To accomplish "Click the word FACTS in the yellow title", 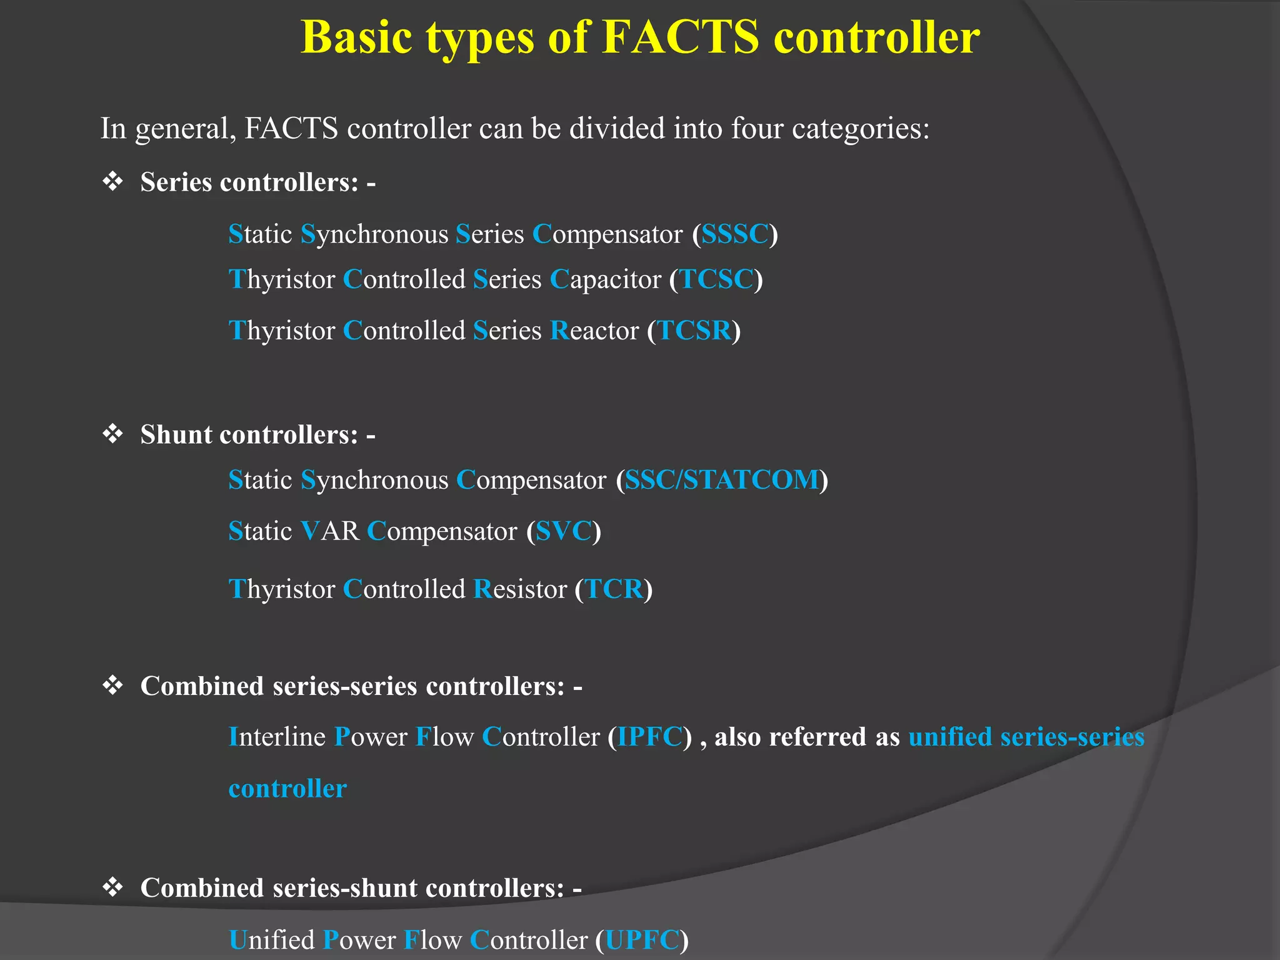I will (681, 37).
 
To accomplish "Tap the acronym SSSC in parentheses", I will (734, 234).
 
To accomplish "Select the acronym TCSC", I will (716, 279).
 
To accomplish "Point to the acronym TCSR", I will (694, 331).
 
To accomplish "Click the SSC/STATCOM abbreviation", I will (722, 480).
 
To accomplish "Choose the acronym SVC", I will (564, 531).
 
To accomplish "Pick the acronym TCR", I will (614, 589).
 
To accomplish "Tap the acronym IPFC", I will (650, 737).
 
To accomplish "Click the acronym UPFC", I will (642, 940).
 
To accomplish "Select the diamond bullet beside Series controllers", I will (112, 182).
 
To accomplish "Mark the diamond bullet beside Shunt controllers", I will (112, 434).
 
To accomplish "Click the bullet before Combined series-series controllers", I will (112, 686).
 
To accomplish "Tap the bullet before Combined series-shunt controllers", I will (112, 887).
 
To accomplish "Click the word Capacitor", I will (605, 279).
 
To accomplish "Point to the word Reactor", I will (594, 331).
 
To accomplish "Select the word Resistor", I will (520, 589).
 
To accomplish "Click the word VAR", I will (330, 531).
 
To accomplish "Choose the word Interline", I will (277, 737).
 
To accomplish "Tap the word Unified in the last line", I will (272, 940).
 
